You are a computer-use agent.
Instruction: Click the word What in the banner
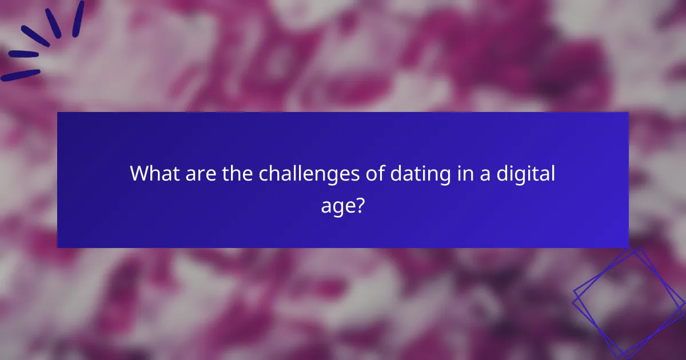[x=151, y=173]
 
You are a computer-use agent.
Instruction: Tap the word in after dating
[x=458, y=173]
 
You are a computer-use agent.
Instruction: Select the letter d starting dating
[x=396, y=173]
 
